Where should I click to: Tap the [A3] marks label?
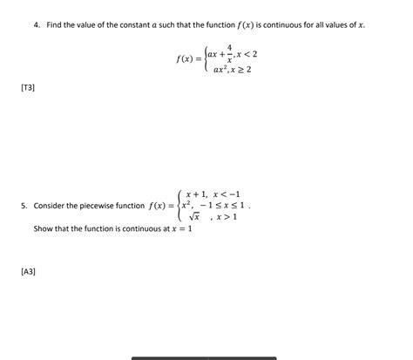(28, 272)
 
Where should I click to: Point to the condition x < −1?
(227, 194)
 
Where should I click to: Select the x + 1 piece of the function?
(192, 194)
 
